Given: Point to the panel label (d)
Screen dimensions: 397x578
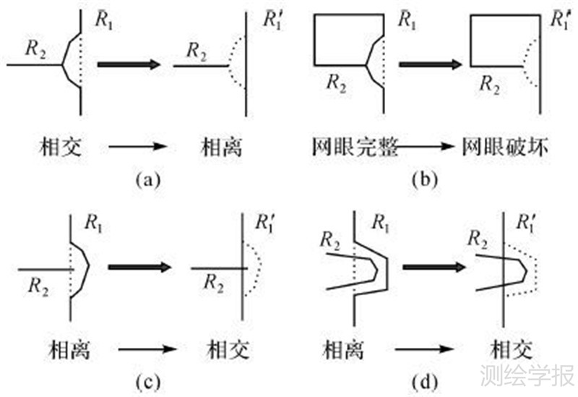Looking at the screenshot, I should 423,382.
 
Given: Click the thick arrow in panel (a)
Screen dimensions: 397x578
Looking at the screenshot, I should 128,64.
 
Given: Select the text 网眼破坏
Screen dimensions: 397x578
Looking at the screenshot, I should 505,149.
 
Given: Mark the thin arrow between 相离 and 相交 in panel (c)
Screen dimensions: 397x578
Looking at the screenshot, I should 148,350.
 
